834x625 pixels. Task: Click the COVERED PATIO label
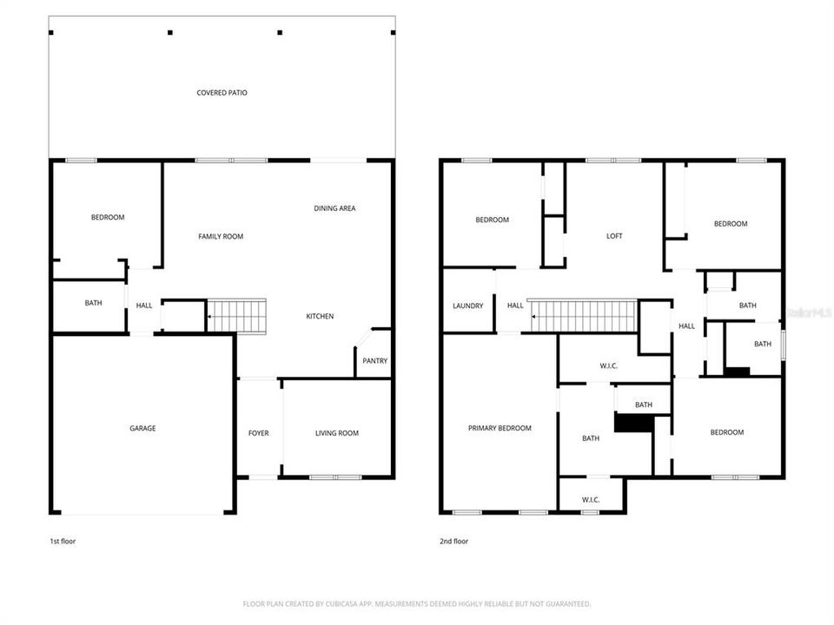coord(222,92)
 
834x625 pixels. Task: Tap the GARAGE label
coord(142,428)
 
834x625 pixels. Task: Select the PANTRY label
coord(375,361)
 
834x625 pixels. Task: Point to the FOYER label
coord(258,433)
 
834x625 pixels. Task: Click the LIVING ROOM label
coord(336,433)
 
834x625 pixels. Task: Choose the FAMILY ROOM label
coord(221,236)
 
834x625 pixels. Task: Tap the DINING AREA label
coord(334,208)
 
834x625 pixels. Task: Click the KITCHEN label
coord(320,316)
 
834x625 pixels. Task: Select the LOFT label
coord(614,236)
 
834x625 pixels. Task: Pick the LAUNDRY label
coord(467,306)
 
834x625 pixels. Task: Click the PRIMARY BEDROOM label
coord(500,428)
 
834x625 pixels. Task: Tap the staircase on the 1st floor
coord(237,316)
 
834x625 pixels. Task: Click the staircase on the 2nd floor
coord(583,316)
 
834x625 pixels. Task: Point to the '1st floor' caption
coord(63,541)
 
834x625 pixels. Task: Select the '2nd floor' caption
coord(453,541)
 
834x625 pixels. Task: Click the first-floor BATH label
coord(93,303)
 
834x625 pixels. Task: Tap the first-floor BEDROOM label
coord(108,217)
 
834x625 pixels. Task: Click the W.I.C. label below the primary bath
coord(591,499)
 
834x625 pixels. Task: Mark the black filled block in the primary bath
coord(633,422)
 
